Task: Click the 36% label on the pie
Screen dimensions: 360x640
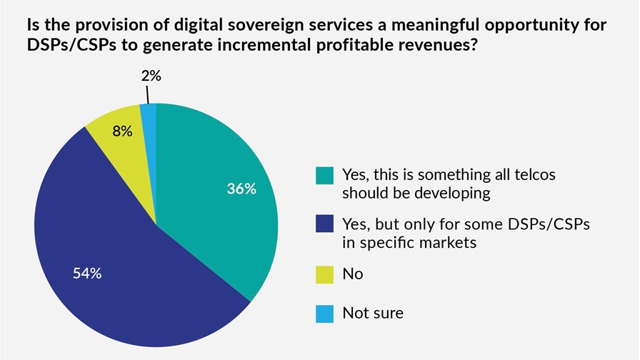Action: coord(242,190)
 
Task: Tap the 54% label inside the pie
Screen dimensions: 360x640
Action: coord(86,274)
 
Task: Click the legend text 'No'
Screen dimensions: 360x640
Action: coord(352,274)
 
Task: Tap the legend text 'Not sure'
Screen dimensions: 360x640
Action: coord(373,312)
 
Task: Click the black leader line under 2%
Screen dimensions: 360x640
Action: coord(148,94)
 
